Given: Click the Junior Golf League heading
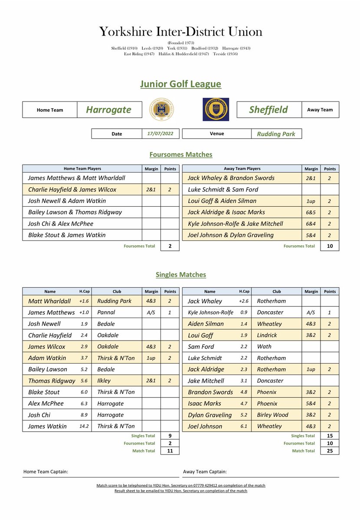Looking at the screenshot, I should (x=180, y=84).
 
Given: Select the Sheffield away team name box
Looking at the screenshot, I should (x=268, y=110).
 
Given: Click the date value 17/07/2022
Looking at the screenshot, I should (x=160, y=134).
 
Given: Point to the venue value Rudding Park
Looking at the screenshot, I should (x=276, y=134).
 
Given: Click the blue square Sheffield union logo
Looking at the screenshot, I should (x=216, y=110).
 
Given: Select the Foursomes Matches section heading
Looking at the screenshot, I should (x=180, y=154).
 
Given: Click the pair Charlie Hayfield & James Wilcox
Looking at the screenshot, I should (x=72, y=189).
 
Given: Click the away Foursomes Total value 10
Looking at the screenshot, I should (x=330, y=246).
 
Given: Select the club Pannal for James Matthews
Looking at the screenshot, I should (x=106, y=312).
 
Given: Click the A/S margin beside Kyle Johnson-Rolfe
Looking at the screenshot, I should (x=311, y=312).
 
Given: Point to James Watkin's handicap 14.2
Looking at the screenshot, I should (x=84, y=426).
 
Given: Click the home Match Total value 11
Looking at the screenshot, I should (x=170, y=451).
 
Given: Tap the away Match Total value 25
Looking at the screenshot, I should (x=330, y=451).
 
